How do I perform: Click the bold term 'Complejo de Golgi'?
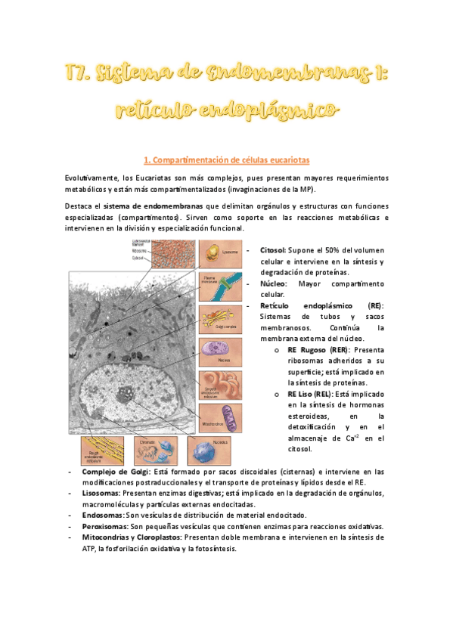coord(116,471)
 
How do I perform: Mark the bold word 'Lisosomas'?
coord(103,493)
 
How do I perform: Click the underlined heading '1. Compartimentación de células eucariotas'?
coord(226,159)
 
